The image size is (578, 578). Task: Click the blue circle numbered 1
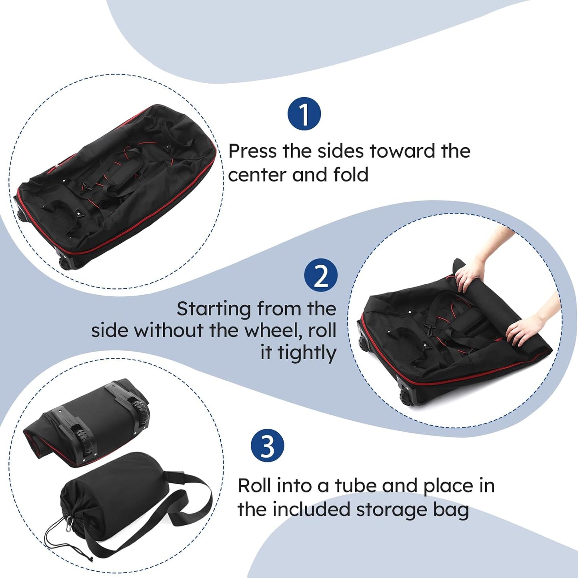tap(304, 114)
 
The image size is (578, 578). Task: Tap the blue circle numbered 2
tap(320, 275)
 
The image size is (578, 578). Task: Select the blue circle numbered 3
tap(267, 446)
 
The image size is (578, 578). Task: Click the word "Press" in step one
tap(252, 151)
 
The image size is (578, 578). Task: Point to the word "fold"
tap(351, 175)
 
